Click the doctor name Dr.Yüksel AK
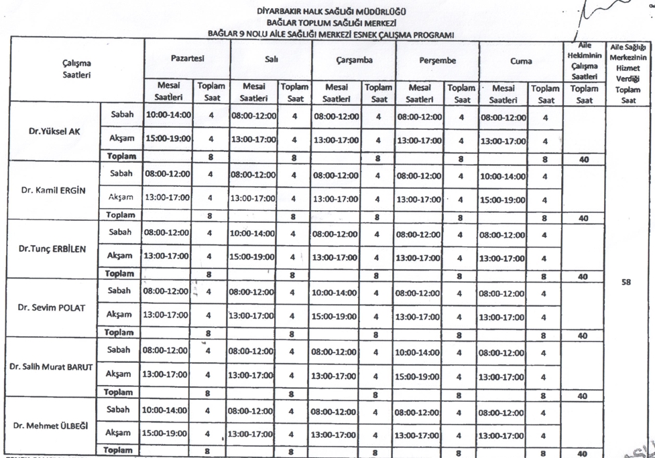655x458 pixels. (x=54, y=131)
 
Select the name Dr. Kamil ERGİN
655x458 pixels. (x=53, y=189)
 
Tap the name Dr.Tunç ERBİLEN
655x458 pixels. (x=54, y=248)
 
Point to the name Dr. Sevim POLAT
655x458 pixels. (x=54, y=307)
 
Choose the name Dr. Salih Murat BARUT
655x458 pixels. (x=52, y=366)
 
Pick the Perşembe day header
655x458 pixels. (x=438, y=60)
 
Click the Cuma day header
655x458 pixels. (x=520, y=60)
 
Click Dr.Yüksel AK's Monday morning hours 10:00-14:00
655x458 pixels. (x=168, y=115)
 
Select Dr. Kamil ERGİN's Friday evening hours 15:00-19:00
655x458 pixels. (x=503, y=200)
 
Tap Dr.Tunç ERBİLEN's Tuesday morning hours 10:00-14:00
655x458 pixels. (x=253, y=234)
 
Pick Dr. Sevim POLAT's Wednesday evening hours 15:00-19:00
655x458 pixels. (x=336, y=317)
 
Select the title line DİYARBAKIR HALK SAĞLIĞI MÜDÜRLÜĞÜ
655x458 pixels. (x=331, y=11)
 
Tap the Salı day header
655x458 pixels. (x=271, y=60)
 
